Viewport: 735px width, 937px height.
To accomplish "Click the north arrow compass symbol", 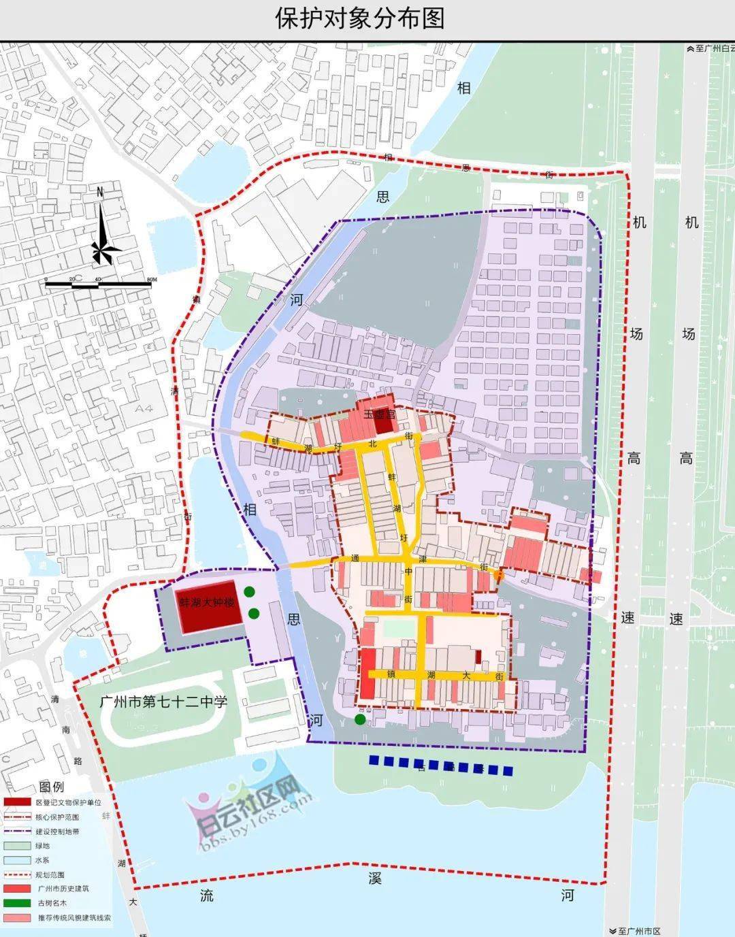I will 101,231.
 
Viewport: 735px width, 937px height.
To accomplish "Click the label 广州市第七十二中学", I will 163,702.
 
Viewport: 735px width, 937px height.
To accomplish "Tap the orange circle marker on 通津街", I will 499,576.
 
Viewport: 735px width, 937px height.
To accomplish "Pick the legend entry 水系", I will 42,860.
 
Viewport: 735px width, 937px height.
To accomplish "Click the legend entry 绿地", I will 42,846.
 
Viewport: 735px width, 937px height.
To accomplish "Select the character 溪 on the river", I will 375,878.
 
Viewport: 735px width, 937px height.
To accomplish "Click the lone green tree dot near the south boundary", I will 360,719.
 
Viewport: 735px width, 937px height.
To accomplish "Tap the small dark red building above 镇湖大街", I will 478,656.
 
